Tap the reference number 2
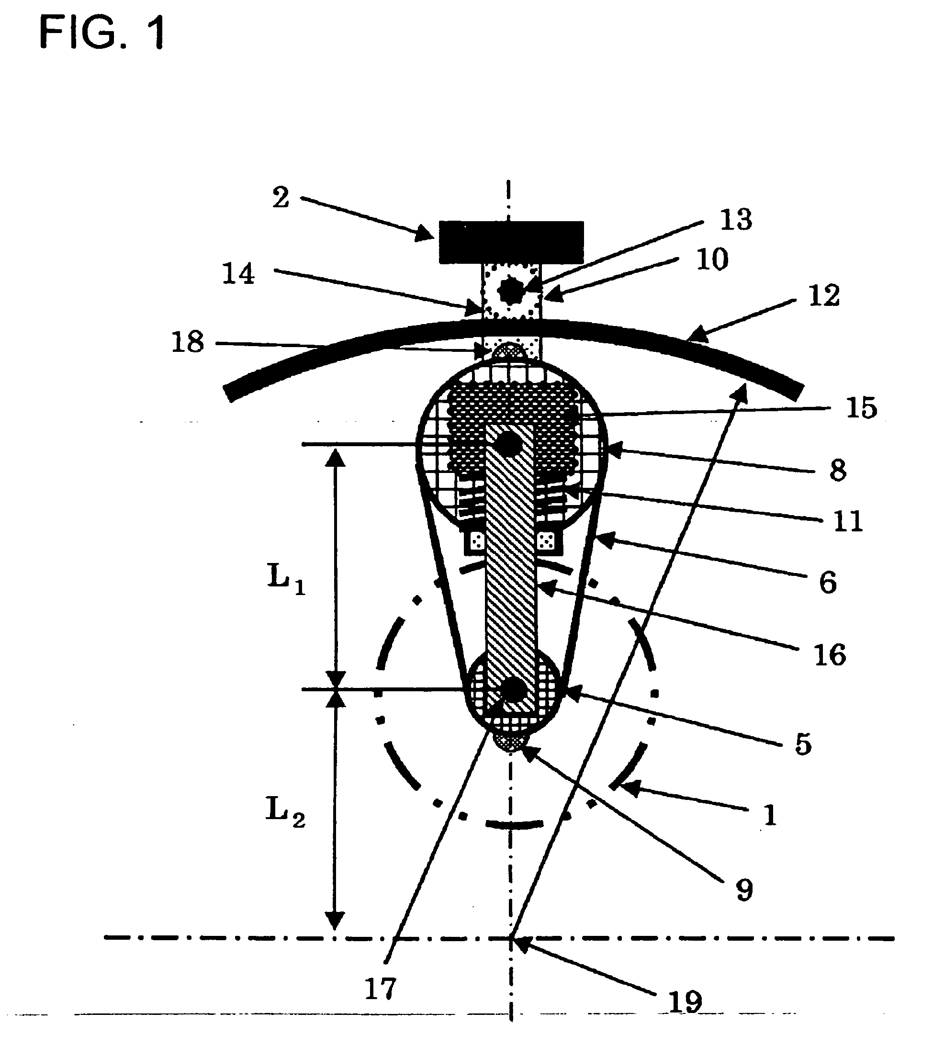point(281,198)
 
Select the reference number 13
point(736,219)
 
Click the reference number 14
point(238,274)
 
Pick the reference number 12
point(824,296)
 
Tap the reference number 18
point(188,342)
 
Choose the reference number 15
point(862,409)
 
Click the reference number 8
point(838,471)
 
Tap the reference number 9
point(744,890)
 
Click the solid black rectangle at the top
point(511,242)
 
